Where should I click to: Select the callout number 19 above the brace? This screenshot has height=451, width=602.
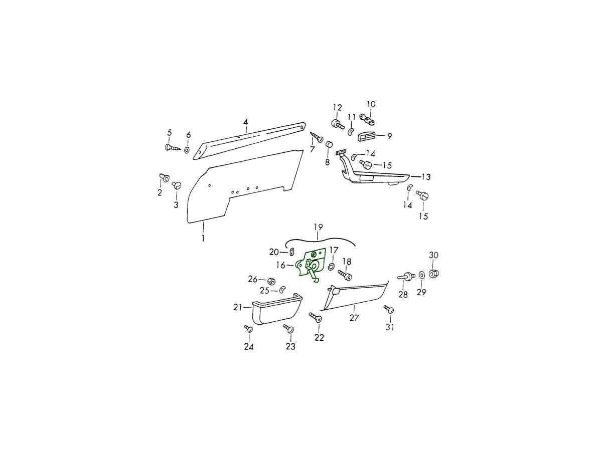pos(318,228)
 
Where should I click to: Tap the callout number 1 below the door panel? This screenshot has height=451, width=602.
pos(203,238)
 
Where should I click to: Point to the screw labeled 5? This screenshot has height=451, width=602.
pos(171,148)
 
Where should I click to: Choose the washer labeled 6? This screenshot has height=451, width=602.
pos(187,149)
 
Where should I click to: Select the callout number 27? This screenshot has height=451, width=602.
pos(354,318)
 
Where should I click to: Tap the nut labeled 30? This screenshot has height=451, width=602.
pos(434,273)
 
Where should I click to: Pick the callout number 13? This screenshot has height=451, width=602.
pos(426,177)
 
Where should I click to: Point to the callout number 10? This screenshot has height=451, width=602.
pos(370,104)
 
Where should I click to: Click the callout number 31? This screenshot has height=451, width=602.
pos(390,327)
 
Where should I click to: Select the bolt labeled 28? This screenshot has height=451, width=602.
pos(406,275)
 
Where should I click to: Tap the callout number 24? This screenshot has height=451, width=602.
pos(248,346)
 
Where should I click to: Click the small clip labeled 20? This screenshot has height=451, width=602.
pos(291,252)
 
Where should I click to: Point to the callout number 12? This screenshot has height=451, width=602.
pos(337,107)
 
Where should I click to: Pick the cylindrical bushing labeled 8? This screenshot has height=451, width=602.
pos(330,145)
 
